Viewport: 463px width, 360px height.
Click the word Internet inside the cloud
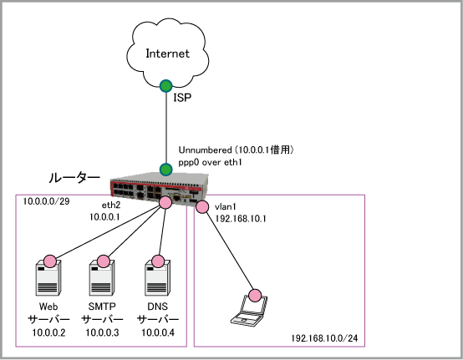167,53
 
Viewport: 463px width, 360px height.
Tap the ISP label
182,98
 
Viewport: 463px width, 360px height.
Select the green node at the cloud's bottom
166,86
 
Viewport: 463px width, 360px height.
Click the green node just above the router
166,170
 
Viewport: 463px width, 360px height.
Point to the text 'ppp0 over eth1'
210,162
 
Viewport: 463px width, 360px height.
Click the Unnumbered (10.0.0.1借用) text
236,150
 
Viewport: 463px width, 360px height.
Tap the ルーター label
74,178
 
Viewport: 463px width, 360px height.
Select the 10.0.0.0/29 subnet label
46,201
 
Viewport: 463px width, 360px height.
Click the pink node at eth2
165,202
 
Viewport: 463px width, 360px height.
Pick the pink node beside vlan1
202,207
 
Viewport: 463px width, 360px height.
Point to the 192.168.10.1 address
241,219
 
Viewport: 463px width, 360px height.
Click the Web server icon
48,278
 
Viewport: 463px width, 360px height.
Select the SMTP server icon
102,278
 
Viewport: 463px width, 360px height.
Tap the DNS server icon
157,278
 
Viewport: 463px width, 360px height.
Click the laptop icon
250,311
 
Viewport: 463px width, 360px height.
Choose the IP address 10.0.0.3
102,332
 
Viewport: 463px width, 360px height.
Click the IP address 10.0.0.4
158,332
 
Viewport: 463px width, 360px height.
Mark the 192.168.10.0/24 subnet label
324,338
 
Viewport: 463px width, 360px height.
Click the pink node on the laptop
255,295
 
